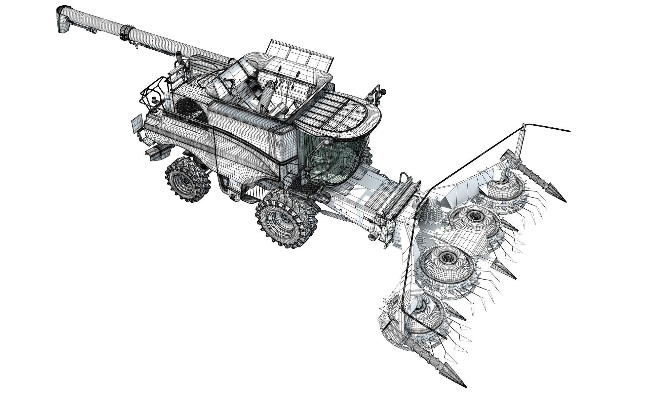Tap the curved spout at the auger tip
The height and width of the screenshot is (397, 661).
coord(63,19)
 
